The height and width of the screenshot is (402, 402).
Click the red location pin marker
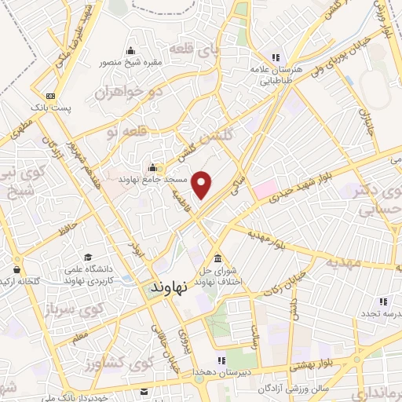(203, 184)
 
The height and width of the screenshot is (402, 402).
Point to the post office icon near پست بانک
(50, 94)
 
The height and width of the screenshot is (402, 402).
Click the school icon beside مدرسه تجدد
(383, 301)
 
